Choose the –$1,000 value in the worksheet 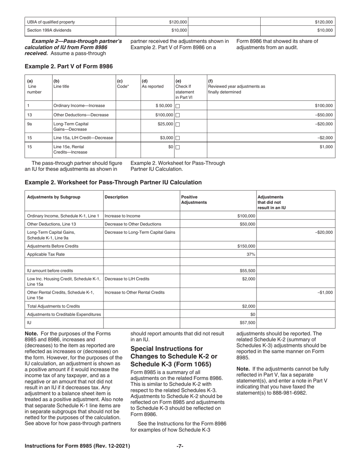point(325,292)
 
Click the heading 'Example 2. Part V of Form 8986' point(69,66)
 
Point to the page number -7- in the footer point(180,446)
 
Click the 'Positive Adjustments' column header point(194,200)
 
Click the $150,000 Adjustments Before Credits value point(246,246)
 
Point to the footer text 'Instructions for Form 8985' point(77,446)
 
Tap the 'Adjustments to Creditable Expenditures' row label point(64,314)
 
